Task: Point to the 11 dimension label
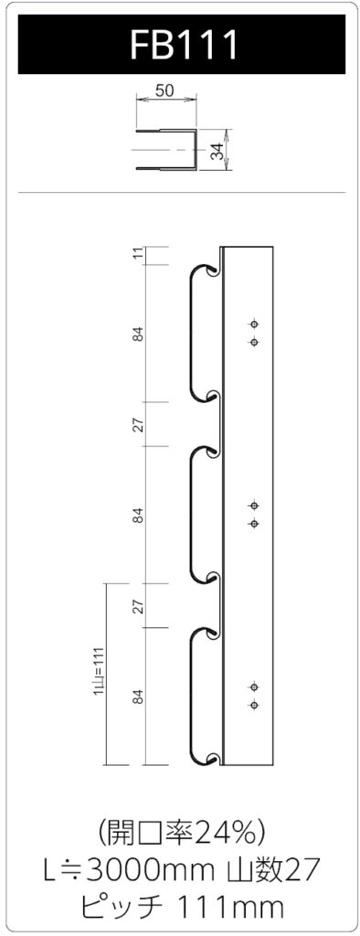[139, 256]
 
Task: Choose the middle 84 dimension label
[139, 516]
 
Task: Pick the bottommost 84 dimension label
[139, 697]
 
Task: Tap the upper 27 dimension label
[139, 425]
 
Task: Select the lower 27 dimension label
[139, 607]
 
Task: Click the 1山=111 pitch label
[99, 671]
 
